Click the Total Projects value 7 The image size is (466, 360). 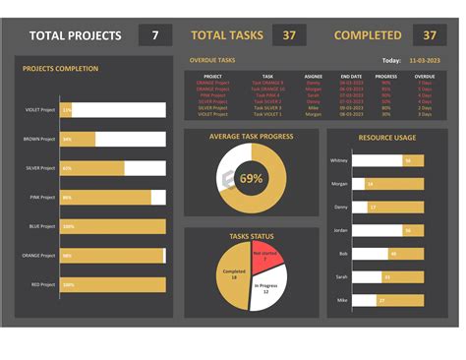[x=155, y=35]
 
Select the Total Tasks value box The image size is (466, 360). [x=288, y=35]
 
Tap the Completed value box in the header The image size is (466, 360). [x=429, y=35]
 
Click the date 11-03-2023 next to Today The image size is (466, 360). [x=424, y=60]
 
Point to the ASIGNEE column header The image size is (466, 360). [x=313, y=76]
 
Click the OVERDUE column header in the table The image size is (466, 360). [x=424, y=76]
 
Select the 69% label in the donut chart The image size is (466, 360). [x=251, y=178]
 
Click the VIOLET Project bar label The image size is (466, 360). [x=40, y=110]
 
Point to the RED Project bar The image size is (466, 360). [x=112, y=284]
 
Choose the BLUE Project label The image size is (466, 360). [x=42, y=226]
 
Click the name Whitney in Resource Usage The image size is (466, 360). [x=339, y=159]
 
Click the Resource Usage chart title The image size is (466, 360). [x=386, y=138]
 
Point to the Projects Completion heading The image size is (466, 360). [x=60, y=69]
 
